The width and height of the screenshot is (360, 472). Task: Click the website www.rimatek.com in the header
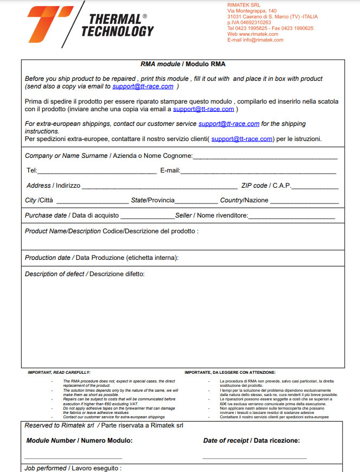click(258, 34)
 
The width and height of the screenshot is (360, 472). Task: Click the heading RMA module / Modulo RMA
click(183, 64)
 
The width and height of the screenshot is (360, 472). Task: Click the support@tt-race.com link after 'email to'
click(143, 86)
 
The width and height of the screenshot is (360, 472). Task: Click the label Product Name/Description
click(63, 231)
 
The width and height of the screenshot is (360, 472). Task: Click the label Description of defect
click(55, 274)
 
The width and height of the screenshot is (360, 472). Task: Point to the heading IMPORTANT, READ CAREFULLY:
click(59, 373)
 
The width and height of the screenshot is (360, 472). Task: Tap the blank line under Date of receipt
click(254, 458)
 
